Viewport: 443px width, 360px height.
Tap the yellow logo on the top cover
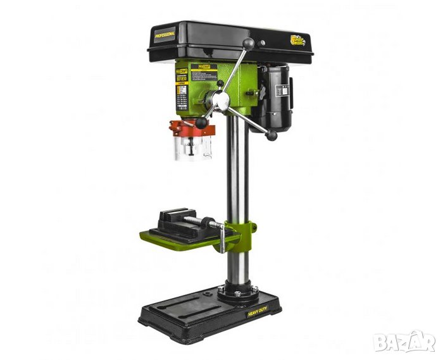297,40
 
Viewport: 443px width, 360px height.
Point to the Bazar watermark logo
404,342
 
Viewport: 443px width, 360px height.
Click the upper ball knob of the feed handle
249,43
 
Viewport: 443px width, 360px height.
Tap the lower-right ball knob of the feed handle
272,135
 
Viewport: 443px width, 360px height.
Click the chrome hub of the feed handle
220,99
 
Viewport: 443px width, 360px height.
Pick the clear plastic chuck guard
192,148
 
